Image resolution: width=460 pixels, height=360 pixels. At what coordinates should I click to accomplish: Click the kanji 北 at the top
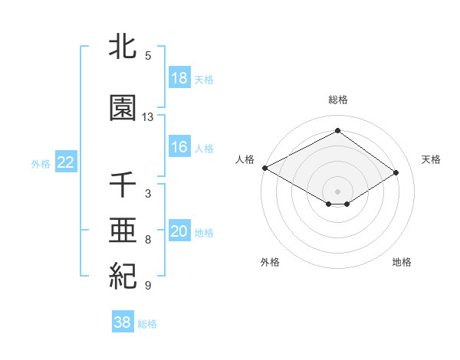click(123, 47)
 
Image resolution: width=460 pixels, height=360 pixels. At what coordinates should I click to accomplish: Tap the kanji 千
click(123, 185)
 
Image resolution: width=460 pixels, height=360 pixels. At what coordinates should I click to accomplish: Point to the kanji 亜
click(123, 230)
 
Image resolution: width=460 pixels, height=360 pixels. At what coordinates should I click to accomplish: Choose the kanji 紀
click(123, 275)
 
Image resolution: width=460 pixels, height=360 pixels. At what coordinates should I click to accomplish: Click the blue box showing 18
click(179, 78)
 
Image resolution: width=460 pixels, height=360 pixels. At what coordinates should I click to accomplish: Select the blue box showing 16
click(179, 147)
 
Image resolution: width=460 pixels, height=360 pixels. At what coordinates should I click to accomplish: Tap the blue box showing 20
click(179, 232)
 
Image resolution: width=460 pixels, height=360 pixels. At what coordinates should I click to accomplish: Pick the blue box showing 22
click(65, 162)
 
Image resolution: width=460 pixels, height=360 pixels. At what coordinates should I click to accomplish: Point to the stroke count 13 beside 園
click(148, 117)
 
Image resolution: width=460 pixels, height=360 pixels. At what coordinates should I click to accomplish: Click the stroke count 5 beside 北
click(148, 56)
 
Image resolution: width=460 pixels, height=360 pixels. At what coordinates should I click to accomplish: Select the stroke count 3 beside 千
click(148, 194)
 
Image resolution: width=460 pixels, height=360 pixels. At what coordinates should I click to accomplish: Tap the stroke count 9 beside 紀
click(148, 286)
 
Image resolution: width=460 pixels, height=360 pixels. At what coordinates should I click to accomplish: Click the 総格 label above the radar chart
click(337, 100)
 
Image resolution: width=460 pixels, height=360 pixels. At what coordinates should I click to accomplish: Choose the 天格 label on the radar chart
click(431, 159)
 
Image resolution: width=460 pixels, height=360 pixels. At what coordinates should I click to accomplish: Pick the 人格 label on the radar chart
click(245, 159)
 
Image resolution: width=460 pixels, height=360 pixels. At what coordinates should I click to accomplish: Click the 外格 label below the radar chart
click(269, 262)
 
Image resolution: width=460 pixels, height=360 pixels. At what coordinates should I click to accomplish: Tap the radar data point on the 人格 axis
click(264, 168)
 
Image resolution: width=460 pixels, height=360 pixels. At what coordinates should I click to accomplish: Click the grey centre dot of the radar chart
click(337, 190)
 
